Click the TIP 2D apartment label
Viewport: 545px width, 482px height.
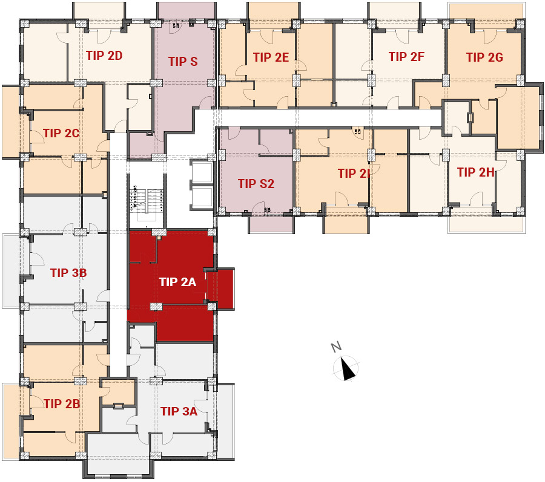tap(104, 56)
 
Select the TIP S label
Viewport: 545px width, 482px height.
tap(183, 62)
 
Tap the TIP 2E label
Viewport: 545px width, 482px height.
tap(271, 57)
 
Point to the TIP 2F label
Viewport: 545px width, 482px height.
tap(406, 57)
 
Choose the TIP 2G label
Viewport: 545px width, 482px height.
tap(484, 57)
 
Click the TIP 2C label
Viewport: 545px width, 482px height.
tap(61, 133)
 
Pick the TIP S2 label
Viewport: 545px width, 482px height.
tap(256, 184)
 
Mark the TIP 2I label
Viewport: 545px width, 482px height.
tap(354, 174)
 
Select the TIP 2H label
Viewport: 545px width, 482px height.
tap(475, 172)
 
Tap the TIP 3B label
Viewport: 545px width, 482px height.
tap(68, 273)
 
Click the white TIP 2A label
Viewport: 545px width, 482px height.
tap(177, 282)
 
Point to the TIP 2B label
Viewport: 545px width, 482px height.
tap(62, 403)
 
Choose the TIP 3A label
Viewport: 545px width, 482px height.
tap(179, 411)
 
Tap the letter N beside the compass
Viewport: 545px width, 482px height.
tap(336, 347)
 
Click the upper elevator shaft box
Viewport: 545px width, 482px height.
tap(201, 171)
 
